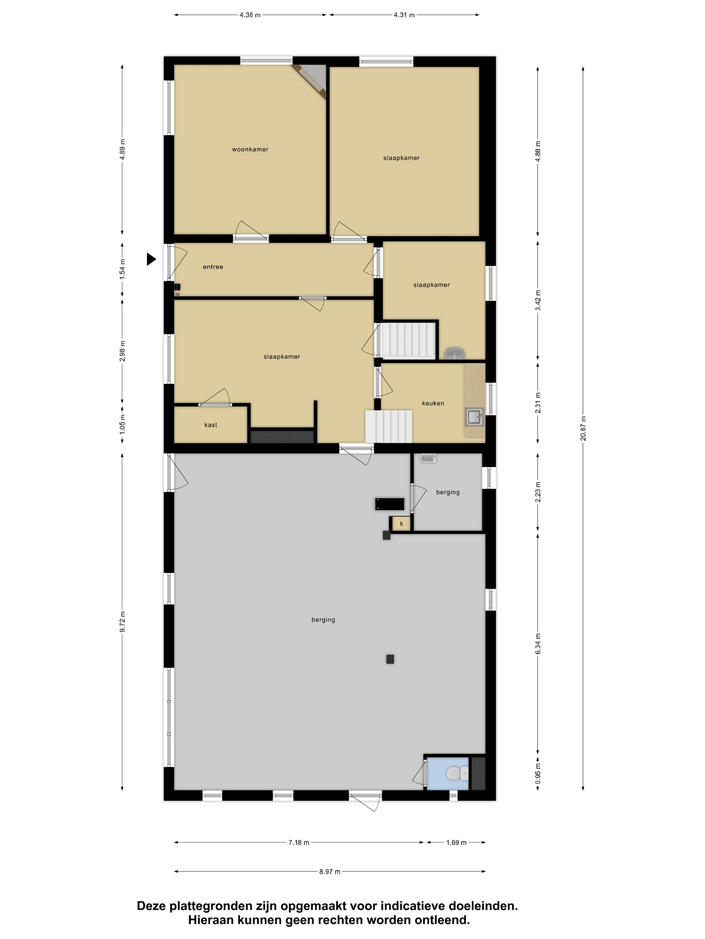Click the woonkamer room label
tap(250, 150)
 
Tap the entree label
tap(213, 267)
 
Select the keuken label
tap(433, 403)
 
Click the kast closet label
tap(211, 425)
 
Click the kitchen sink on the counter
tap(474, 417)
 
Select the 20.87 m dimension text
tap(583, 428)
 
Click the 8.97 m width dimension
tap(330, 872)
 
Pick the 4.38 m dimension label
tap(250, 15)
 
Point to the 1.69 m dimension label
tap(456, 843)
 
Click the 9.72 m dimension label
tap(123, 622)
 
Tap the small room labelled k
tap(401, 524)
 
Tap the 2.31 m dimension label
tap(538, 403)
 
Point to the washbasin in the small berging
tap(428, 458)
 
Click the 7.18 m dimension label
tap(299, 843)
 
